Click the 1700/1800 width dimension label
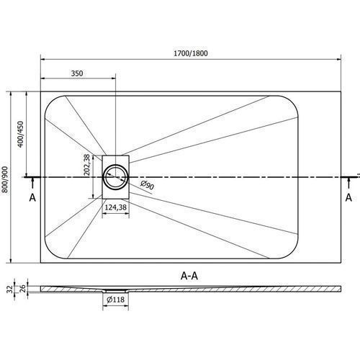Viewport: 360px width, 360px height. (x=191, y=53)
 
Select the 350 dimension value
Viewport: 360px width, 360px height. (x=77, y=73)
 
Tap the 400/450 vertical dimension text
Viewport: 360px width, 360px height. (x=21, y=135)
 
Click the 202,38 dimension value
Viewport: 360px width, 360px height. (x=87, y=165)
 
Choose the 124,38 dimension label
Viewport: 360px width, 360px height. (x=116, y=207)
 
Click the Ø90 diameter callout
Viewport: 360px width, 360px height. (x=147, y=185)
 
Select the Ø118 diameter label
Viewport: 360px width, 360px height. (x=116, y=300)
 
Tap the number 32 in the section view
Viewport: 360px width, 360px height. (x=9, y=289)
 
